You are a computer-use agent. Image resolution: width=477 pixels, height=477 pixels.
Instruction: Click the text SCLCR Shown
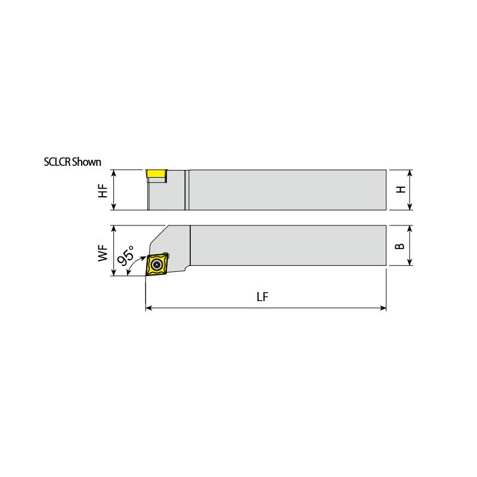(72, 162)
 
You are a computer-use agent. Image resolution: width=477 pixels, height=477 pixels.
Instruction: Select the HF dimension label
(103, 191)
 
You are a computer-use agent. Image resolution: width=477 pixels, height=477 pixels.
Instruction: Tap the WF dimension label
(103, 253)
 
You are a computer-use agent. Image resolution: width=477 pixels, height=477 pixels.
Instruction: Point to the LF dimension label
(262, 297)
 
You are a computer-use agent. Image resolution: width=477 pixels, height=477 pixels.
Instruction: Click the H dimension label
(401, 189)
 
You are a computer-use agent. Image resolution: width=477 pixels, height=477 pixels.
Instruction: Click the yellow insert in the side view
(156, 174)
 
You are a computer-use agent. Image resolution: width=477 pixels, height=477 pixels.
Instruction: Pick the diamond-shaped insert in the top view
(157, 264)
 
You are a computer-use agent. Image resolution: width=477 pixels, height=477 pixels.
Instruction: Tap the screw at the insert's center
(157, 264)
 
